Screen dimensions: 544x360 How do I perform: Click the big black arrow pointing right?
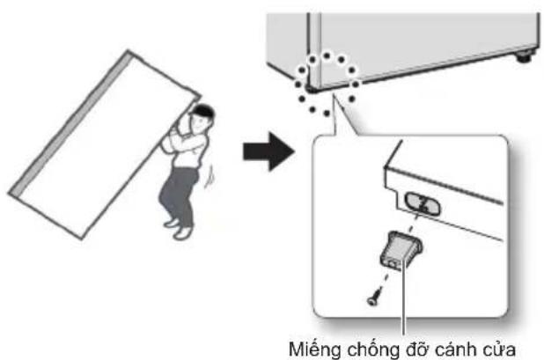268,151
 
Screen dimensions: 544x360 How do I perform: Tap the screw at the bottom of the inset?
373,299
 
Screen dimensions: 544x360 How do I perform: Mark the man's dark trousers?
179,195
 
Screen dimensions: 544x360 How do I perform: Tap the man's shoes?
178,228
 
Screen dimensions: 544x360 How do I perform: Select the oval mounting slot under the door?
423,204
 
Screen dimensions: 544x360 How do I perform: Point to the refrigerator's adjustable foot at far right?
524,56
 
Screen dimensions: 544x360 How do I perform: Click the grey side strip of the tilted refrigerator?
70,122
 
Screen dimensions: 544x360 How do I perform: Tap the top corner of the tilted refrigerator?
128,50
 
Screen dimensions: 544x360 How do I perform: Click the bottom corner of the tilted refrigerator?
82,239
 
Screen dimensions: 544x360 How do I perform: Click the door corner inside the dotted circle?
312,89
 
